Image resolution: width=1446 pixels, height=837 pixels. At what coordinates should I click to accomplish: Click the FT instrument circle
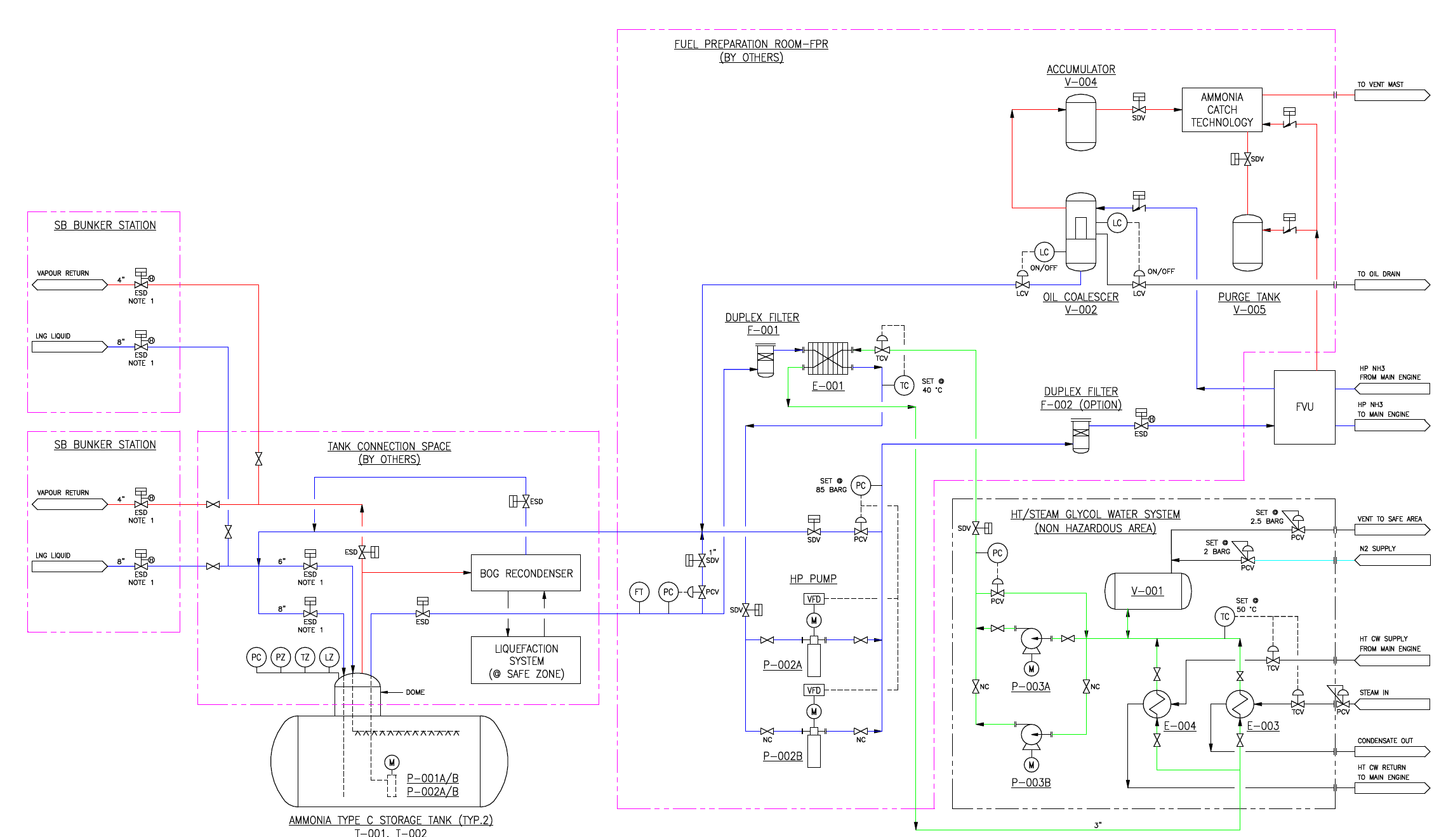[x=639, y=592]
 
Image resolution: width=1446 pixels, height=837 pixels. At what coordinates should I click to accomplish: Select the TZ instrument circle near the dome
[x=305, y=657]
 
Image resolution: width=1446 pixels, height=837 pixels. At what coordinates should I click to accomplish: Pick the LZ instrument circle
[x=329, y=657]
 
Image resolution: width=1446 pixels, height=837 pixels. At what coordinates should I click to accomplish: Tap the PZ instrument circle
[x=281, y=657]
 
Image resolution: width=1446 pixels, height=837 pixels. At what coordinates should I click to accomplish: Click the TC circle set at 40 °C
[x=904, y=385]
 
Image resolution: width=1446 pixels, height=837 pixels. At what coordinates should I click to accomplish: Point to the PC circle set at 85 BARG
[x=861, y=486]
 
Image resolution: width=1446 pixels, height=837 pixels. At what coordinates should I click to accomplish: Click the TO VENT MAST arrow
[x=1392, y=95]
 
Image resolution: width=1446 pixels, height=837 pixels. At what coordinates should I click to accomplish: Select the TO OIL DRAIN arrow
[x=1392, y=285]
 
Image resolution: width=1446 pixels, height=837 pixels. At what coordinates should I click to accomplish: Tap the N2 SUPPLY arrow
[x=1392, y=560]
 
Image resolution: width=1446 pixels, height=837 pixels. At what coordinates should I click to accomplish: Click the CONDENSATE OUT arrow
[x=1392, y=751]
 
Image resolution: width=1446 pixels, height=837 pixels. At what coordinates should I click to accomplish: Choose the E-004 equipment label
[x=1179, y=726]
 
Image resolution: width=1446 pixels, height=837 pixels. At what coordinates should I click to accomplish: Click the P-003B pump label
[x=1031, y=782]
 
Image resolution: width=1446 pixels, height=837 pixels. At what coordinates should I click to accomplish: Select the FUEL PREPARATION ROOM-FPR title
[x=751, y=44]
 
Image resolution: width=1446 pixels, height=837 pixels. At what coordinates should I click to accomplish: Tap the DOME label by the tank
[x=415, y=692]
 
